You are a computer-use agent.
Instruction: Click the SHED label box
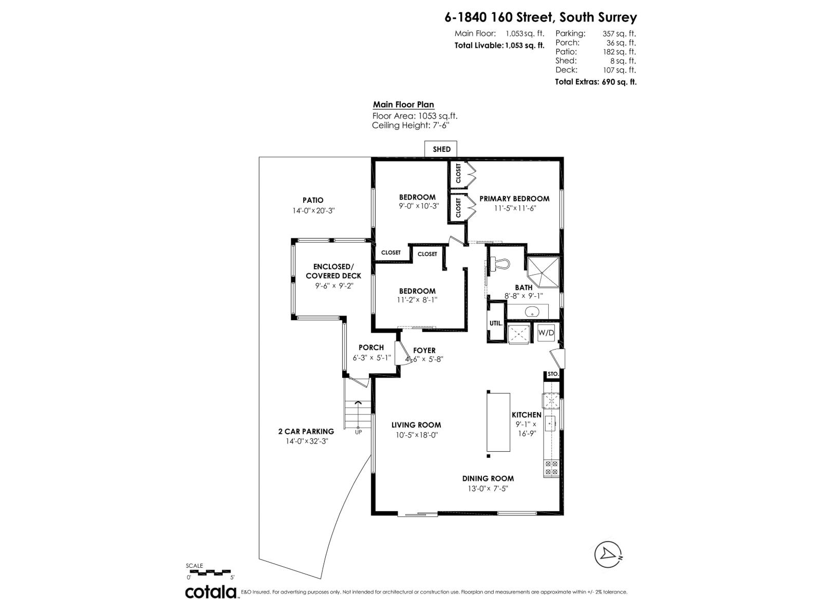pos(441,149)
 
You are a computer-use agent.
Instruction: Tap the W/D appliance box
pos(546,333)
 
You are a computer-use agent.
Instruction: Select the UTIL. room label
pos(496,323)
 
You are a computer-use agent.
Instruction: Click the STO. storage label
pos(553,374)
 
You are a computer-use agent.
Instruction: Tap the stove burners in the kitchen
pos(551,467)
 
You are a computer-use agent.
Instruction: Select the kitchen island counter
pos(498,421)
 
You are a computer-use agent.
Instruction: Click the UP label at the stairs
pos(358,432)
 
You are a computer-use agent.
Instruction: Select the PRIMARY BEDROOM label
pos(514,199)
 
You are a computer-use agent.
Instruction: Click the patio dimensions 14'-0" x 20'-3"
pos(313,210)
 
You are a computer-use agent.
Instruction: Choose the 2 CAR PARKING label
pos(306,431)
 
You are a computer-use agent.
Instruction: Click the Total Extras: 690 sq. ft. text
pos(595,82)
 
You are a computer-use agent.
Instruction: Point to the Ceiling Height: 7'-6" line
pos(407,125)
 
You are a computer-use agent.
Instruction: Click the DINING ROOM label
pos(488,478)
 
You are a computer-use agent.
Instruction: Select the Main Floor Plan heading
pos(403,105)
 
